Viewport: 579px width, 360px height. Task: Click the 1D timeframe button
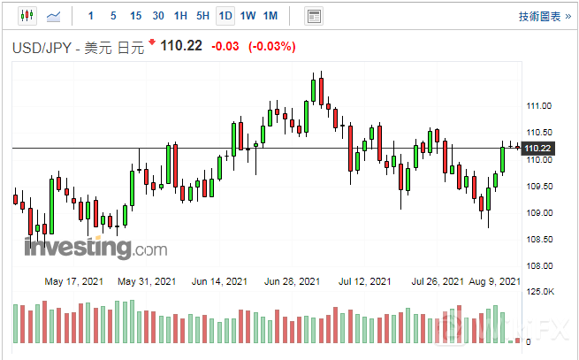225,16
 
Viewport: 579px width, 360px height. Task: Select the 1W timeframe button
248,16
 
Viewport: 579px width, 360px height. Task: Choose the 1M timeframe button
270,16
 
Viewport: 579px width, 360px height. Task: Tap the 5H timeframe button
202,16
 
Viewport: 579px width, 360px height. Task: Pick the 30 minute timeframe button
157,16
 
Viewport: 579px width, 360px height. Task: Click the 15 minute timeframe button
135,16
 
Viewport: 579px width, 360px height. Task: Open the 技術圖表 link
538,17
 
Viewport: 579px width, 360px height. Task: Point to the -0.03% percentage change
271,46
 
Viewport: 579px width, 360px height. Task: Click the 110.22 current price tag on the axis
538,148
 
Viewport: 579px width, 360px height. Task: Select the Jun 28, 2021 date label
293,282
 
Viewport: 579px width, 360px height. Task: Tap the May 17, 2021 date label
74,282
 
